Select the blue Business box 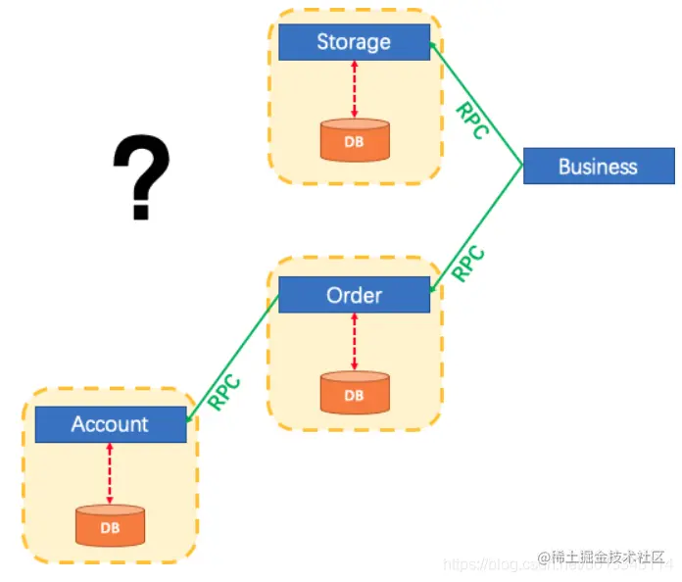coord(599,166)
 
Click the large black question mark coord(141,176)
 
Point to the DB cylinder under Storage coord(354,140)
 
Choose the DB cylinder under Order coord(354,394)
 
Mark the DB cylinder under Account coord(110,525)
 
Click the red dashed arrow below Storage coord(354,89)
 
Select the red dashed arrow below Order coord(354,342)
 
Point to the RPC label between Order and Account coord(225,392)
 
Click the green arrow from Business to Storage coord(490,118)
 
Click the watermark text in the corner coord(602,558)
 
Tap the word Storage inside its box coord(354,42)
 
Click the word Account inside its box coord(110,424)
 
